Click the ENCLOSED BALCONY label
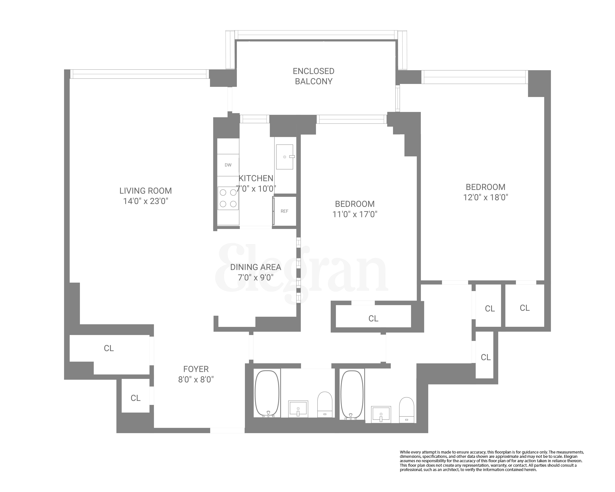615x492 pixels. [314, 76]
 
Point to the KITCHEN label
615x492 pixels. [256, 178]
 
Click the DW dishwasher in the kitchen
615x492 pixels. [228, 165]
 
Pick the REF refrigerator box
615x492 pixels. [284, 211]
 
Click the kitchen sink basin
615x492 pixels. [284, 157]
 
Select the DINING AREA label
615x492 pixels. [256, 267]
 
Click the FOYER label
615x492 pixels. [196, 369]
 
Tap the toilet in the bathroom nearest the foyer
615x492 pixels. [325, 404]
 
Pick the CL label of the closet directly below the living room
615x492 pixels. [109, 348]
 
